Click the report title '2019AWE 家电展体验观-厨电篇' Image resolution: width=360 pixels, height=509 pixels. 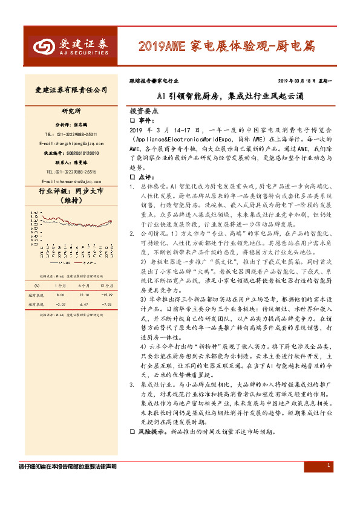[x=235, y=45]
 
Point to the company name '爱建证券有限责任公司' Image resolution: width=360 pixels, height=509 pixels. [x=71, y=90]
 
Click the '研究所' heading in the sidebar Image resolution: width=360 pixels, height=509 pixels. [x=71, y=112]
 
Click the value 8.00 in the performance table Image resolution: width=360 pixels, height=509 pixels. [x=61, y=294]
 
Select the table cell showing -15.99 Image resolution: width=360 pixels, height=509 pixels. [x=106, y=294]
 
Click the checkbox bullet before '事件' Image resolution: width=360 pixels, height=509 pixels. [x=133, y=121]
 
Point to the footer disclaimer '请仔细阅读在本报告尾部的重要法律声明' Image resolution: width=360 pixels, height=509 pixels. [x=68, y=484]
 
